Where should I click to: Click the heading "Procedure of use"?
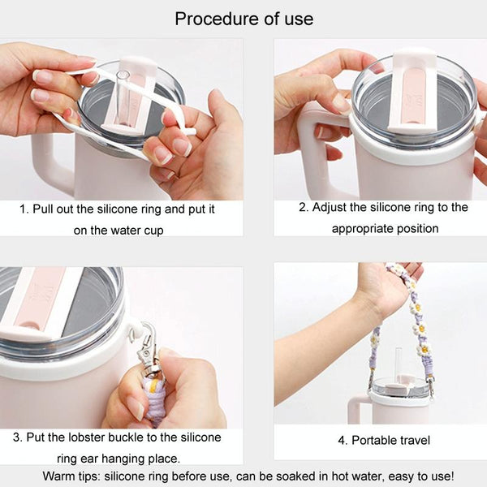point(243,19)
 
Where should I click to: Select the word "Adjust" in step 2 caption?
point(329,208)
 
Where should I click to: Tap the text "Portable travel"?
point(391,441)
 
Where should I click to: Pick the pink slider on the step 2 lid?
point(414,97)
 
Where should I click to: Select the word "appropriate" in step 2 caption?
point(360,229)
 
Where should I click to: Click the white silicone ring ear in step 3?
point(134,330)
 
